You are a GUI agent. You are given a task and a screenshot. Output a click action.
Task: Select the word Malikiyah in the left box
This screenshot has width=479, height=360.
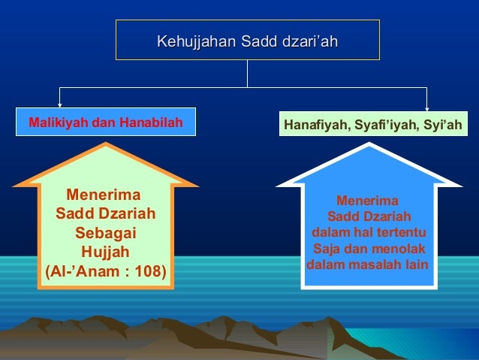click(57, 122)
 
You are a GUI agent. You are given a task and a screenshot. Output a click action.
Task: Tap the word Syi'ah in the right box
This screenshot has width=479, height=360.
click(442, 124)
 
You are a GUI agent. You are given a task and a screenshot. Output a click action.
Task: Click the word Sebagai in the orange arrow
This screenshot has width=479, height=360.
click(106, 233)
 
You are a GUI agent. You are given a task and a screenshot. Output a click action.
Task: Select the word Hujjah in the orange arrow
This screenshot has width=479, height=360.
click(106, 252)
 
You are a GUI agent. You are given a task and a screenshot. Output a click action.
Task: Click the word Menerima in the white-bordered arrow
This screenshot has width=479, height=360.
click(368, 201)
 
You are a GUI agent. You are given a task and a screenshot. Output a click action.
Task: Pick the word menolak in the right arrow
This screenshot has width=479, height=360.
click(399, 249)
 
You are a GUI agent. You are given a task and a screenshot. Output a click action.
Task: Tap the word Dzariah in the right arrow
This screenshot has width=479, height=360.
click(387, 217)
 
